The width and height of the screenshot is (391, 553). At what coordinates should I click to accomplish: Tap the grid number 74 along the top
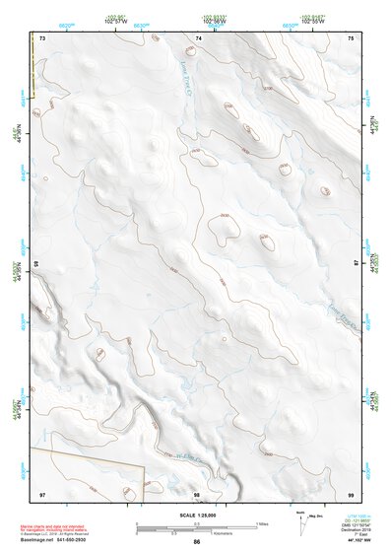[199, 37]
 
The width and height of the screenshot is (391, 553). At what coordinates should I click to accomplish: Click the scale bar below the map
[197, 527]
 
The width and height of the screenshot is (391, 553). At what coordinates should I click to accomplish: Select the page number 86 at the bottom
[197, 542]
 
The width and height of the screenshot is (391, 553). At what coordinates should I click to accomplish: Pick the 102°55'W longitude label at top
[313, 22]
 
